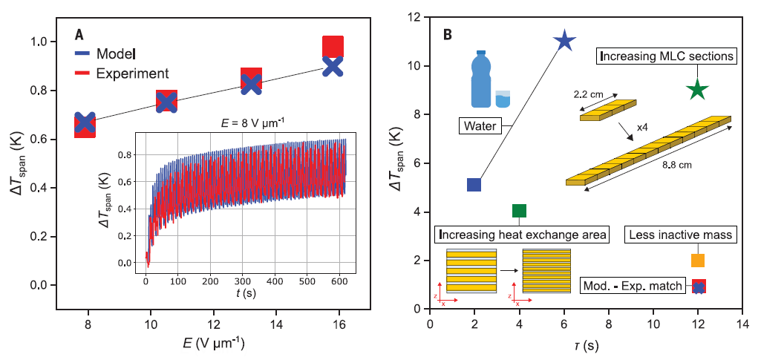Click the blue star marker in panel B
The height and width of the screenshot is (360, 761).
coord(564,41)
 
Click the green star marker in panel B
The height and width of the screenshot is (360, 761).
coord(697,90)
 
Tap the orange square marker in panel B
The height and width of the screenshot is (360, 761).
coord(697,261)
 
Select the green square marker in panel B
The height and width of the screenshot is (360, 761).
coord(519,211)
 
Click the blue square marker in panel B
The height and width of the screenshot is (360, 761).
coord(474,185)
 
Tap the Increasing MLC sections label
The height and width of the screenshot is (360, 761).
coord(666,56)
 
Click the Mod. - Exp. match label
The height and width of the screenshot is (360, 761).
coord(633,285)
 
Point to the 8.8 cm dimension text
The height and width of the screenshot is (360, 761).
coord(676,165)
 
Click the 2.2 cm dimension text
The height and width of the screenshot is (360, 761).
coord(589,95)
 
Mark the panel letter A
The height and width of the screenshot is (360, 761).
coord(79,34)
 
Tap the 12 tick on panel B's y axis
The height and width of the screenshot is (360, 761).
coord(415,17)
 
